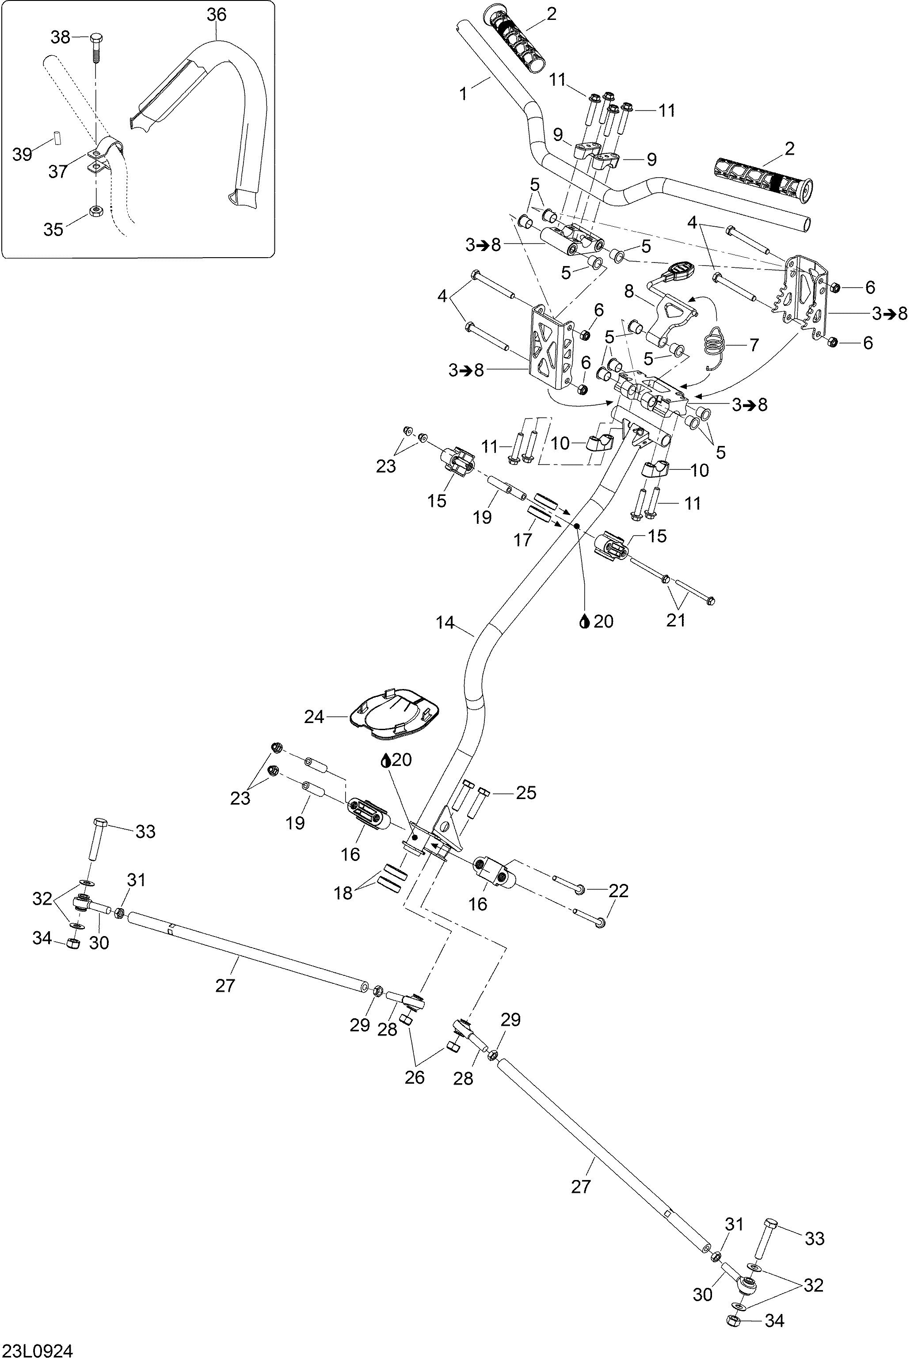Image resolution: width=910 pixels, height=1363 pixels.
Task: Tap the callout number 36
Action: click(217, 15)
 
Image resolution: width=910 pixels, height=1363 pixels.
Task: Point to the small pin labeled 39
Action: click(57, 138)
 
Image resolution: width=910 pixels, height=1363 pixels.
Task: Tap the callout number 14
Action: click(445, 623)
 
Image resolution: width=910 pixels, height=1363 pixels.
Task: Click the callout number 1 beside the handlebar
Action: click(463, 93)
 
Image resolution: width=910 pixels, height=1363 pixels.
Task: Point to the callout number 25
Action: click(526, 792)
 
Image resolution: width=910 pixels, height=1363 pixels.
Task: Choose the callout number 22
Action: click(618, 890)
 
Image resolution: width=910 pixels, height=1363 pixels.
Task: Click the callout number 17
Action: click(523, 540)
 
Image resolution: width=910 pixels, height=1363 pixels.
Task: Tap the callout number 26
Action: click(415, 1077)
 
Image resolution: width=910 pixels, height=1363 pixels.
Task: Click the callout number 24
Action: click(314, 717)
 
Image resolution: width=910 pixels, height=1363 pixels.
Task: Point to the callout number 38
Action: click(61, 37)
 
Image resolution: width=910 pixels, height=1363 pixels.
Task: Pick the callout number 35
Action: click(53, 229)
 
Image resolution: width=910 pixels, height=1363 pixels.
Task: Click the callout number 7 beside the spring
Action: click(754, 345)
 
